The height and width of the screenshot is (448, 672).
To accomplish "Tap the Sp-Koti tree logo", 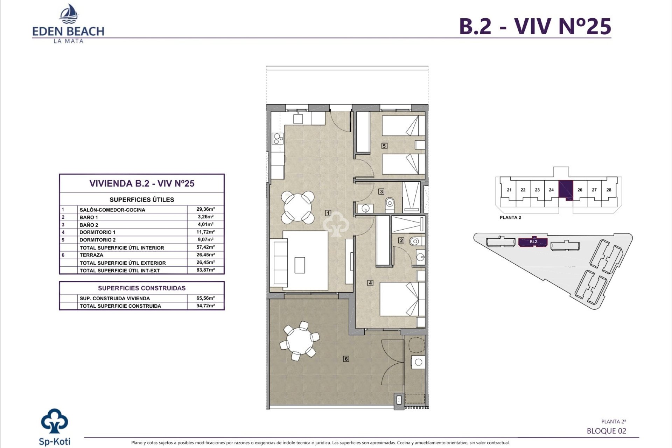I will (x=55, y=422).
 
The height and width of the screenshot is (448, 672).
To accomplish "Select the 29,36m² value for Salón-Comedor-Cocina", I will (x=205, y=209).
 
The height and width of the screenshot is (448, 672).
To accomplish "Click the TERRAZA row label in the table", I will (x=91, y=255).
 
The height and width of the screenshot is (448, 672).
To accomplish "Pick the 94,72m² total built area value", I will (x=205, y=306).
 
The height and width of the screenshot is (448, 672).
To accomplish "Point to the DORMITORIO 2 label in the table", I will (x=97, y=240).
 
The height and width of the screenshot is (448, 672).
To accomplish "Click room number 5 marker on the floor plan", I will (x=384, y=146).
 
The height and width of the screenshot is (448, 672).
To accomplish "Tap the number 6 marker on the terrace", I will (x=346, y=359).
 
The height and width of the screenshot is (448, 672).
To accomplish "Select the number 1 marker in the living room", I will (x=328, y=213).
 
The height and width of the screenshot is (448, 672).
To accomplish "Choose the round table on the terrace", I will (x=300, y=342).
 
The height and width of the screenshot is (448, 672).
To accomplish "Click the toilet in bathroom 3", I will (x=390, y=204).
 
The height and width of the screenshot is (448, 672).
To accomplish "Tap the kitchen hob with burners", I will (x=278, y=139).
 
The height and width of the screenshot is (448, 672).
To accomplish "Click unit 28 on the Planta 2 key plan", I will (x=609, y=190).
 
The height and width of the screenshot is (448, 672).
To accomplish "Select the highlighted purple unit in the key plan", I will (x=565, y=189).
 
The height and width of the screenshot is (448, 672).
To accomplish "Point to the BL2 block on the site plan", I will (x=533, y=242).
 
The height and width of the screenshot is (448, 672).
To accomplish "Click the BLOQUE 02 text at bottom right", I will (x=606, y=431).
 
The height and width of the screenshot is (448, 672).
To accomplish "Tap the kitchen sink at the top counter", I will (x=298, y=118).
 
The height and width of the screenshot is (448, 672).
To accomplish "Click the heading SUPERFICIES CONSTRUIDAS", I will (x=142, y=288).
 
